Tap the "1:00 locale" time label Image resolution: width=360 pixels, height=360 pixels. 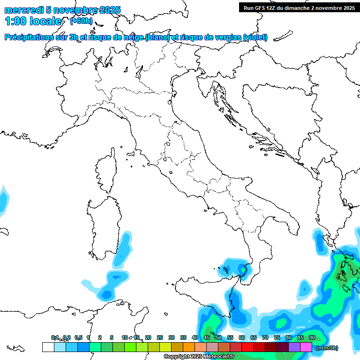tap(33, 21)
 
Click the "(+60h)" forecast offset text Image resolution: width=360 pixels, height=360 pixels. tap(81, 21)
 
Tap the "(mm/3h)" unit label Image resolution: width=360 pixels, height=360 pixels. tap(327, 348)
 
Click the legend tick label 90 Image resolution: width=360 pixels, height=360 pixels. tap(312, 337)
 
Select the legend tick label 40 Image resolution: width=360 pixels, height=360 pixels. tap(195, 337)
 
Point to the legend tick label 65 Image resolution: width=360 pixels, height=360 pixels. tap(253, 337)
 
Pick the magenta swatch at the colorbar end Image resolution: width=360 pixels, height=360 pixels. tap(306, 347)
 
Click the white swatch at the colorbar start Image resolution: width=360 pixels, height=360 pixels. tap(48, 347)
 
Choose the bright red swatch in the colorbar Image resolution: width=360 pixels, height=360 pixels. tap(247, 347)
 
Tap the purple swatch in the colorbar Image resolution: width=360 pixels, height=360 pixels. tap(294, 347)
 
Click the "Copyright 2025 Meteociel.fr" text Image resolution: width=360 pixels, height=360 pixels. tap(199, 357)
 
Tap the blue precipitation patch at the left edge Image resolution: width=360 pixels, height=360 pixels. tap(3, 201)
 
